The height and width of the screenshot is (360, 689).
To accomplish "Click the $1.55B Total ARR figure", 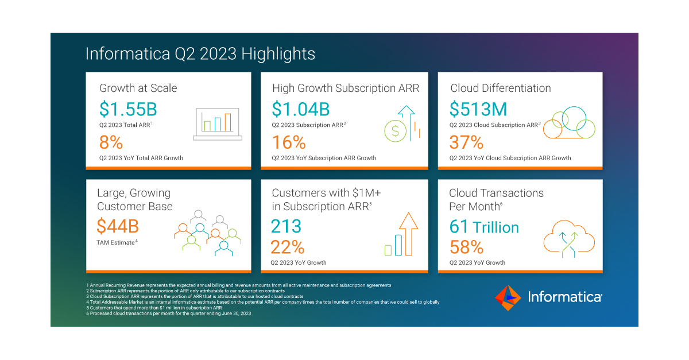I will coord(128,109).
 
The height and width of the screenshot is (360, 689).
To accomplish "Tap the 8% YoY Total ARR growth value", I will coord(111,142).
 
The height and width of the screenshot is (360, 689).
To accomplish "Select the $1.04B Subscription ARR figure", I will coord(301,109).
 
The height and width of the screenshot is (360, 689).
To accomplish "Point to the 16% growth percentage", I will coord(289,142).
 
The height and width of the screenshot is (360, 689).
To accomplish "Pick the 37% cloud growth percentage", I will coord(466,142).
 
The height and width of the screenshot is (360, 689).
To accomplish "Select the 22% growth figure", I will coord(288,247).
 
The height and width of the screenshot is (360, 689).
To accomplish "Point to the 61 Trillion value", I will coord(484,227).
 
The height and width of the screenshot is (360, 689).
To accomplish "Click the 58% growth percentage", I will coord(466,247).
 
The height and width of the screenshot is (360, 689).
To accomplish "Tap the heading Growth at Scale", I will coord(138,88).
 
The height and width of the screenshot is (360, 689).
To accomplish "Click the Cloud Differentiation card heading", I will coord(500,88).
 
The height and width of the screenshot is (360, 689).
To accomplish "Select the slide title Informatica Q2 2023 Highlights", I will coord(200,54).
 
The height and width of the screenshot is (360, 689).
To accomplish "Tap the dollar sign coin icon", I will coord(395,130).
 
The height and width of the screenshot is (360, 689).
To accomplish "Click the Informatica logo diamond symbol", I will coord(508,297).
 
